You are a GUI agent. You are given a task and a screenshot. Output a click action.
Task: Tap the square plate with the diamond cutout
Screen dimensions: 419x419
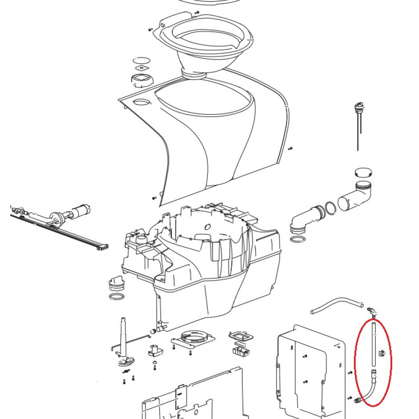click(142, 68)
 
